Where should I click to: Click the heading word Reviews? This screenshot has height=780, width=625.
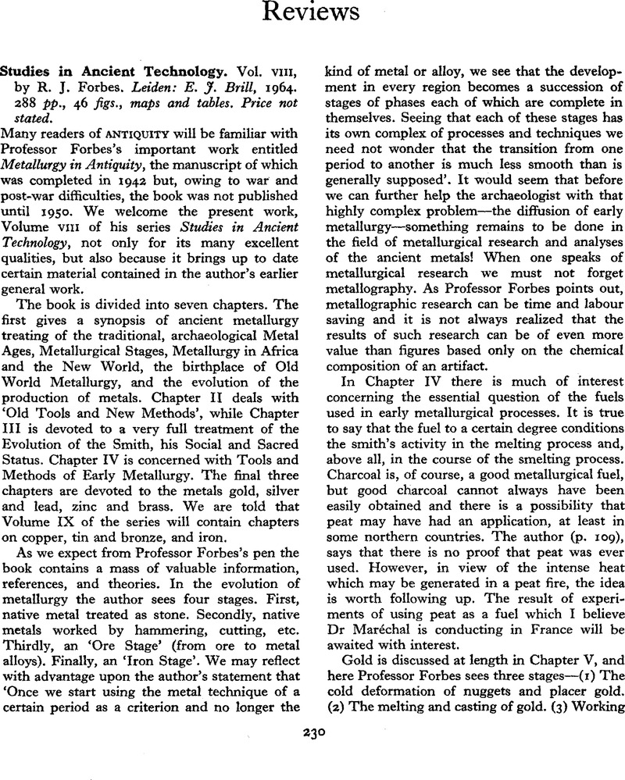pos(311,14)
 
